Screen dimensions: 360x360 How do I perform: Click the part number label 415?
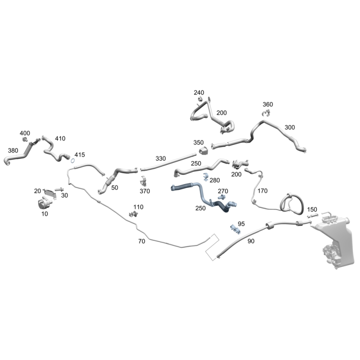80,155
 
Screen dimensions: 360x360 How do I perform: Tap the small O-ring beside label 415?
72,161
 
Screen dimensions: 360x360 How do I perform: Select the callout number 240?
199,93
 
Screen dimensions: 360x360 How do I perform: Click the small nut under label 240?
200,99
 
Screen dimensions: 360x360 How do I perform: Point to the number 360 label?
268,104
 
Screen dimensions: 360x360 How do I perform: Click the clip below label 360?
266,113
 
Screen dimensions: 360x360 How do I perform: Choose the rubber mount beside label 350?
203,151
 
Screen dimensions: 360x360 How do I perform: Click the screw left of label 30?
59,189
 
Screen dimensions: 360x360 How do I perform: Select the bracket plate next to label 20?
50,193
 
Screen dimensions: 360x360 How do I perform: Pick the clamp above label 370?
144,181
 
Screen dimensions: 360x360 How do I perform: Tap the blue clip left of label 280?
206,177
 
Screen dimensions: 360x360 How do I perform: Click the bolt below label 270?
221,197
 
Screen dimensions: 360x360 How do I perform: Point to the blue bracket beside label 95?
235,229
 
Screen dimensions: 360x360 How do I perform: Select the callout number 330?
161,159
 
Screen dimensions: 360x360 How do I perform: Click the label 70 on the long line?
142,241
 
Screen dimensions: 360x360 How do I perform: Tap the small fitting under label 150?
313,216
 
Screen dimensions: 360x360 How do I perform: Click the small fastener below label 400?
25,139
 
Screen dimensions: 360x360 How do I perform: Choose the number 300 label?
290,127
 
